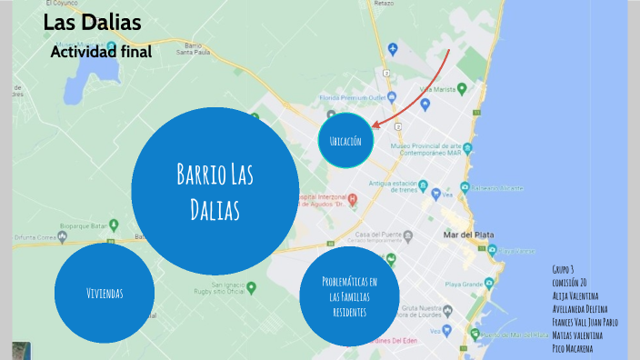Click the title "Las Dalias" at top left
[x=92, y=23]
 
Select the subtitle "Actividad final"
[x=101, y=52]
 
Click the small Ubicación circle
[x=345, y=141]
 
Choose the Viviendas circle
[x=105, y=293]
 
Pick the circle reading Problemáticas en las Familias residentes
[x=350, y=295]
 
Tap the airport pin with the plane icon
[x=393, y=47]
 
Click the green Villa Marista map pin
[x=462, y=88]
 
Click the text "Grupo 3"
[x=564, y=270]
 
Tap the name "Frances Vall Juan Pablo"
[x=585, y=322]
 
